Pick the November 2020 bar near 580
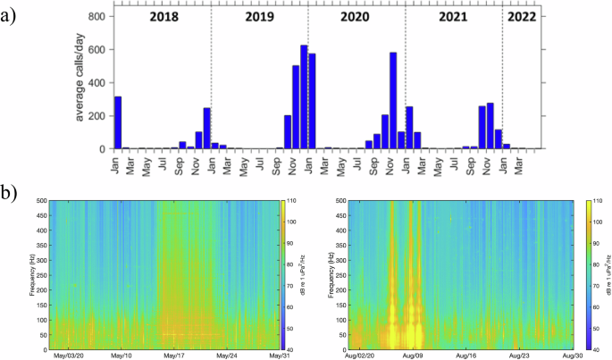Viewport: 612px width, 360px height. pos(393,100)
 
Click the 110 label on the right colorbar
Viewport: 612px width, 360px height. pos(596,202)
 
